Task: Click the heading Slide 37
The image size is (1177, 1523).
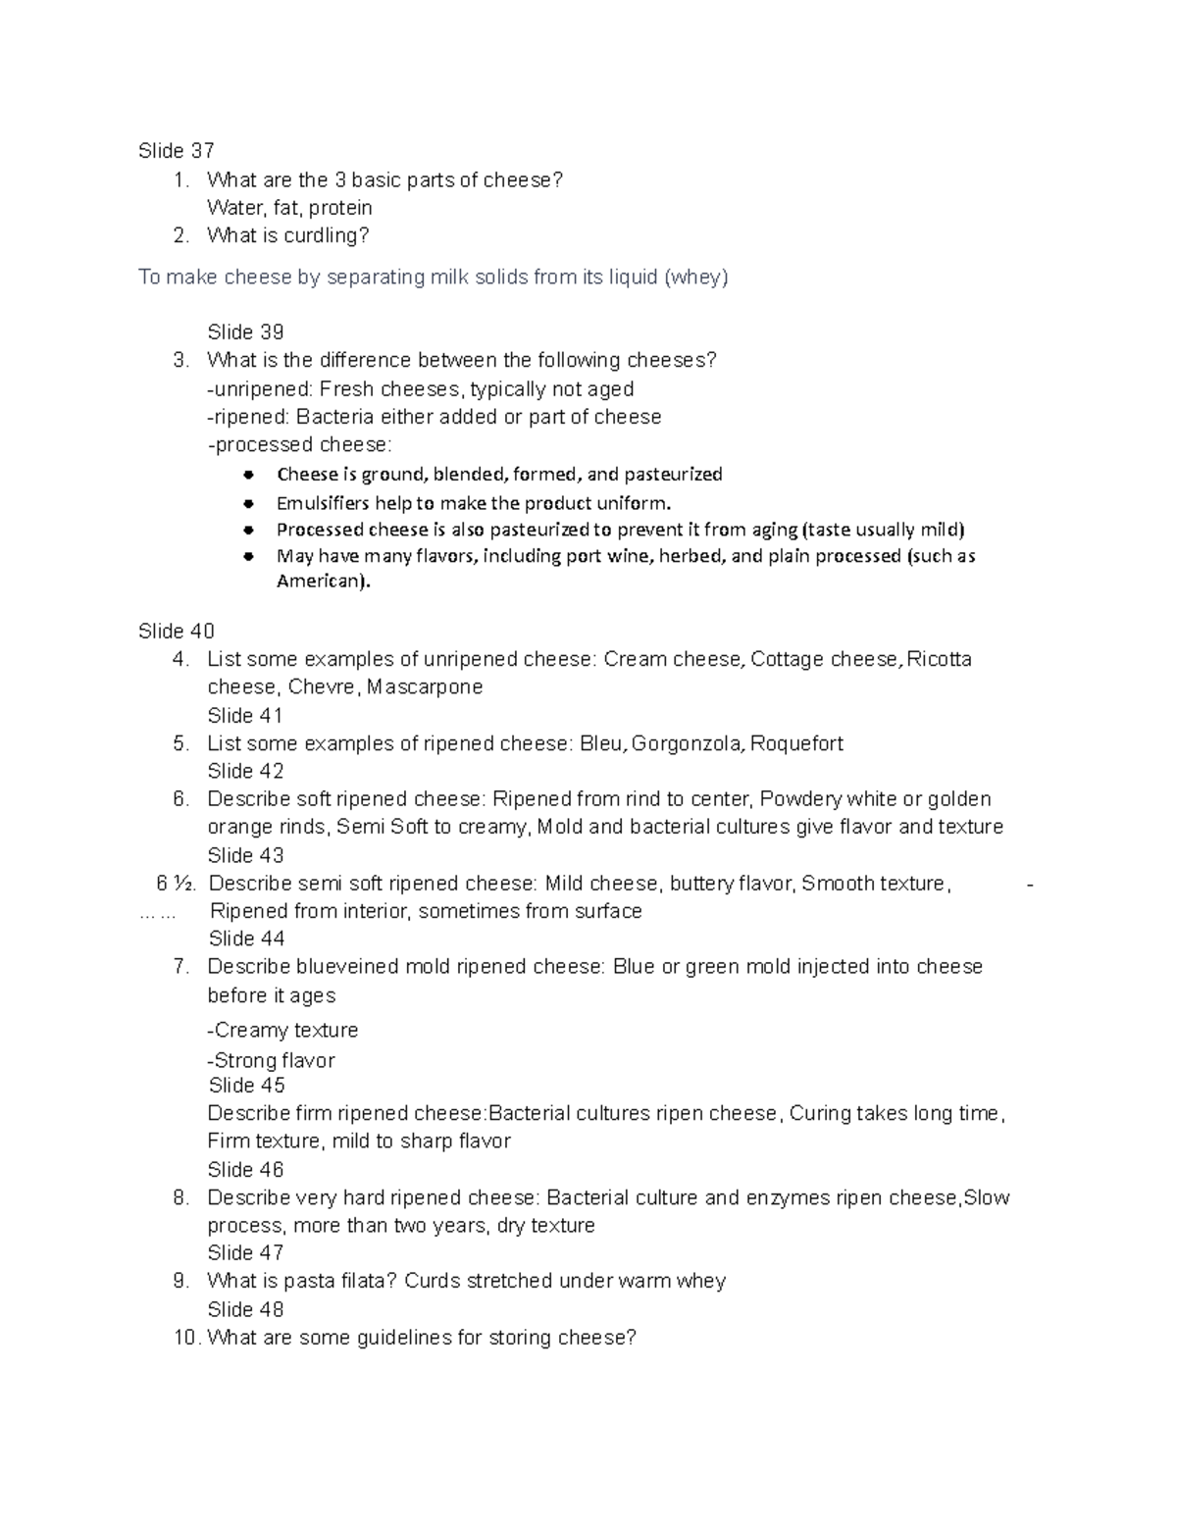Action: pos(176,151)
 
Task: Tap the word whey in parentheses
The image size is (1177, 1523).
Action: pos(696,278)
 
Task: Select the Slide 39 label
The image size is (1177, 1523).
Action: pos(245,332)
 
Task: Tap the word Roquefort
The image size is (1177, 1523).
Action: pos(798,744)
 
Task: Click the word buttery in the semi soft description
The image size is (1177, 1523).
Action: pos(700,884)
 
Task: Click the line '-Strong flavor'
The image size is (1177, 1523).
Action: pos(271,1060)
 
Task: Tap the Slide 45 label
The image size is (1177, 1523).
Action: pos(246,1086)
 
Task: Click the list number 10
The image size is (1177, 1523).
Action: pos(185,1338)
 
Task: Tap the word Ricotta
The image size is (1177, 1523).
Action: pos(939,659)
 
